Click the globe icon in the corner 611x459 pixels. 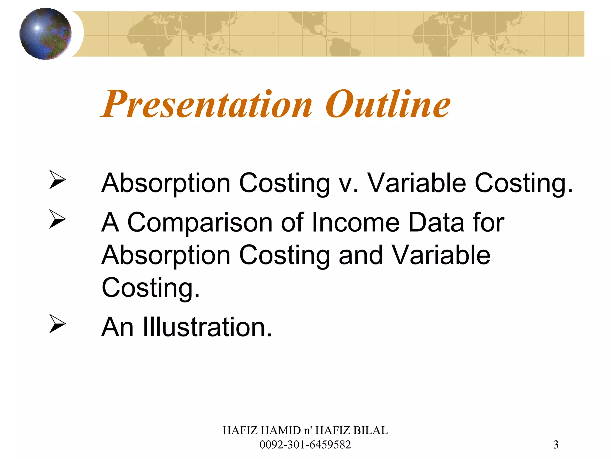45,34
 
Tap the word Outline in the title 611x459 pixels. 388,104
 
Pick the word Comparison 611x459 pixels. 200,223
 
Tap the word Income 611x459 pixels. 355,223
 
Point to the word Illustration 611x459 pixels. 207,327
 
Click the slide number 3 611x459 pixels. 556,445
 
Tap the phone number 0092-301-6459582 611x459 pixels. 305,445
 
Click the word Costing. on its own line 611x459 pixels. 151,288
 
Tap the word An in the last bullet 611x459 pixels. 117,327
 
